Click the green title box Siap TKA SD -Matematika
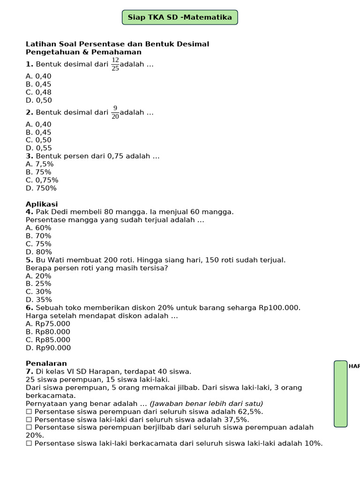(180, 17)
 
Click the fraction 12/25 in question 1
(115, 64)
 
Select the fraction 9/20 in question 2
(115, 112)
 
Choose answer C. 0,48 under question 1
(38, 92)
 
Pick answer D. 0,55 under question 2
(38, 148)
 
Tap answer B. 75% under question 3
(38, 172)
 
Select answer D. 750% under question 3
(41, 188)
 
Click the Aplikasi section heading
(42, 204)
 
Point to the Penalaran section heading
(46, 363)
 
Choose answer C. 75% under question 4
(38, 244)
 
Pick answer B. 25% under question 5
(38, 284)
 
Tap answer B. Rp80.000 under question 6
(48, 332)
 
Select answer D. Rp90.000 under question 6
(48, 348)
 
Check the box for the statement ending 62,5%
(29, 412)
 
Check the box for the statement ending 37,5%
(29, 420)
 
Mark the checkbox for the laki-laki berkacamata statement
(29, 443)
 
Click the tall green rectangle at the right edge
(341, 394)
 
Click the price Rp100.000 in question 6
(279, 308)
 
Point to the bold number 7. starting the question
(30, 372)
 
